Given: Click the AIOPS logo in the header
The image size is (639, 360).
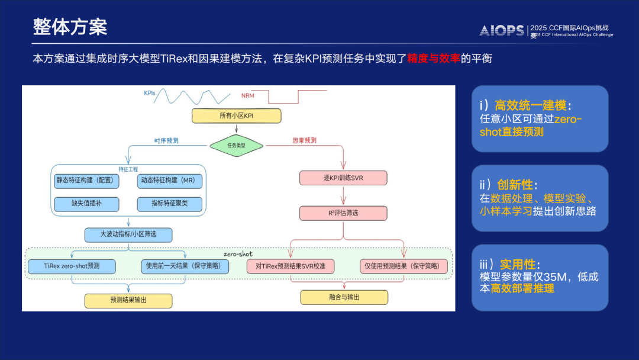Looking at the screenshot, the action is (501, 31).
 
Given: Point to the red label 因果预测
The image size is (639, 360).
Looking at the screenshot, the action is (304, 141).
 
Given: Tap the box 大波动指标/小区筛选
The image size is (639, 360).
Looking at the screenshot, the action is (128, 235).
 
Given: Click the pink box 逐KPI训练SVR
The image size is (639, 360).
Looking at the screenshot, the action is (343, 178).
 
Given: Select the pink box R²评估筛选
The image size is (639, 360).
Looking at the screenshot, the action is (343, 213).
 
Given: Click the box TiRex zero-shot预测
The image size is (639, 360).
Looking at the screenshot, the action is (72, 266).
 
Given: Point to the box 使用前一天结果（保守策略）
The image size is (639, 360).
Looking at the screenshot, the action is (185, 266).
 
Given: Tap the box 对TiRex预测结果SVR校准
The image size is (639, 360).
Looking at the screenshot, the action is (291, 266).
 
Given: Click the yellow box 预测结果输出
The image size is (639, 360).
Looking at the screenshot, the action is (128, 300).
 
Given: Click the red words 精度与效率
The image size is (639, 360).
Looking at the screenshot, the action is (434, 59).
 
